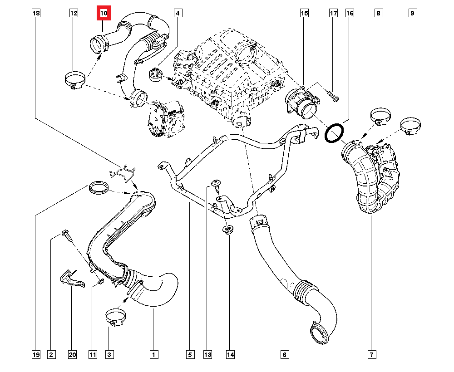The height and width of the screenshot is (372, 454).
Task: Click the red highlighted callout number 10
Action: click(104, 14)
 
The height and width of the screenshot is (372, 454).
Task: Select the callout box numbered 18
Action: click(36, 14)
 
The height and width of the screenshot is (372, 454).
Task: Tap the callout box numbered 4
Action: click(178, 14)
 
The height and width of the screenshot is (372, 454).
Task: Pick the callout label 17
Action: click(333, 14)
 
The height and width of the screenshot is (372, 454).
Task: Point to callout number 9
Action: click(412, 14)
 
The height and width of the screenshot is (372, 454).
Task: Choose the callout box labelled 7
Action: click(371, 354)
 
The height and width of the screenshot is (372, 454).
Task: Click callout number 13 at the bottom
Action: click(208, 354)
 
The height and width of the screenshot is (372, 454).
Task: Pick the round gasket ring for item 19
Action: click(99, 187)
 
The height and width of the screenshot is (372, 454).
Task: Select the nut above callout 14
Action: click(227, 230)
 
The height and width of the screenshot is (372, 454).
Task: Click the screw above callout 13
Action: click(216, 183)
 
